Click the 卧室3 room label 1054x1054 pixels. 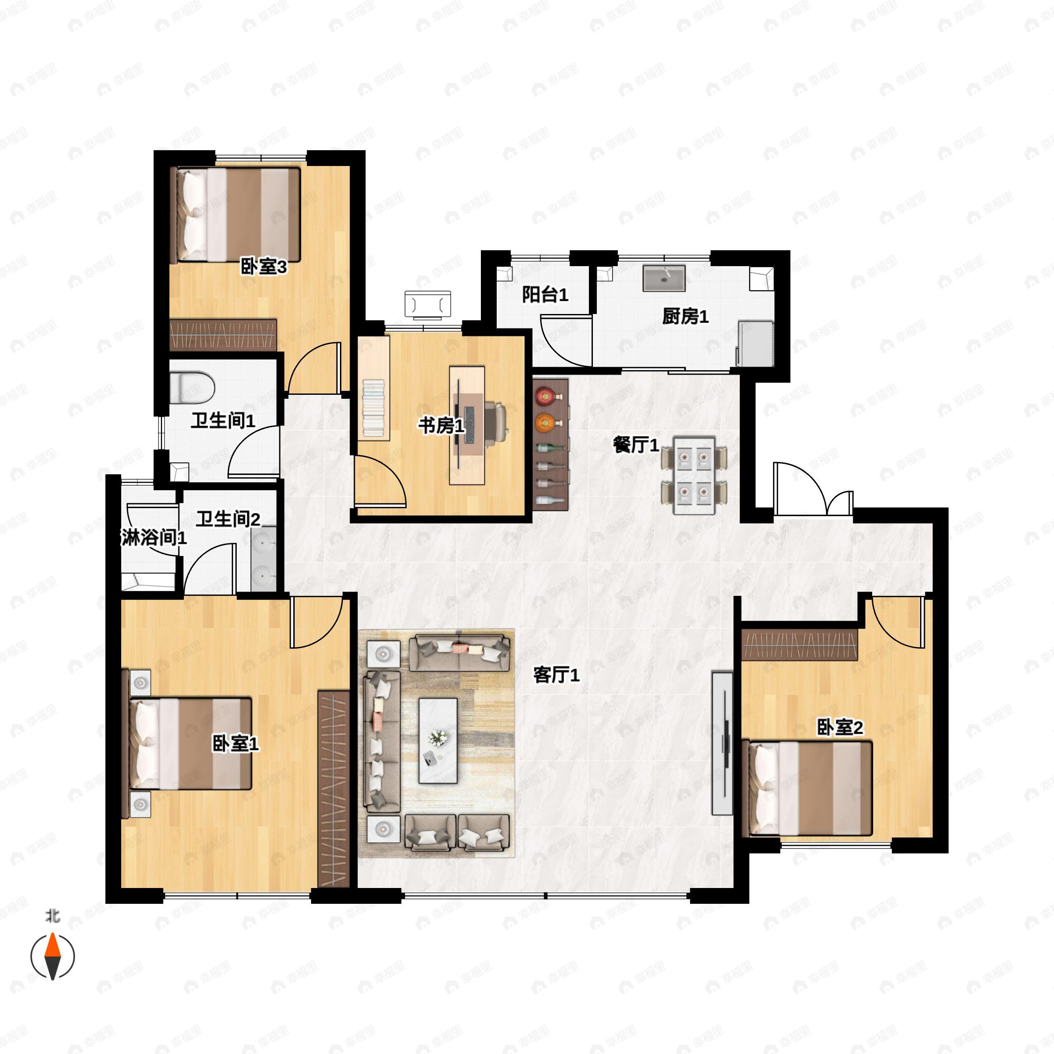coord(263,267)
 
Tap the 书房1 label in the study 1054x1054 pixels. coord(441,426)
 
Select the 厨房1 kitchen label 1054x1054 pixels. coord(685,316)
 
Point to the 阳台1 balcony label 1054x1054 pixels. coord(545,295)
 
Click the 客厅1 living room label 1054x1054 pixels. coord(556,675)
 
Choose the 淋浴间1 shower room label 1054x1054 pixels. coord(154,538)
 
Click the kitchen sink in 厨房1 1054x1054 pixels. coord(664,278)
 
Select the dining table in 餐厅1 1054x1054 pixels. coord(694,475)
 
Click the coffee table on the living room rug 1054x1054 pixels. coord(438,740)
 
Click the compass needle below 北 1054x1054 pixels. coord(52,956)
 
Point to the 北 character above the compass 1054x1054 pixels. coord(52,915)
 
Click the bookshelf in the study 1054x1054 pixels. coord(374,388)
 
